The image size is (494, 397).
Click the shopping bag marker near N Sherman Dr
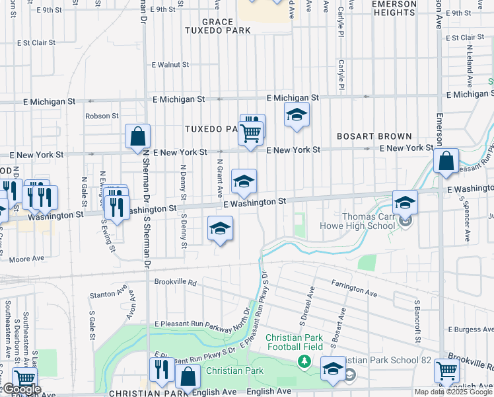[137, 136]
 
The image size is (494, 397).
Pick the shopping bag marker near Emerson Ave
[446, 161]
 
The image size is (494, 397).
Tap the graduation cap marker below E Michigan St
[297, 115]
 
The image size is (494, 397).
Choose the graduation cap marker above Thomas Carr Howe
[405, 202]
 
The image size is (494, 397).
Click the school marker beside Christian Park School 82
[332, 369]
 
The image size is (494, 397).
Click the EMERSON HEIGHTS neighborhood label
[394, 8]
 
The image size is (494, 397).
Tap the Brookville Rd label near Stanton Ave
[176, 282]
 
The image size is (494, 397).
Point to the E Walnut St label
[170, 65]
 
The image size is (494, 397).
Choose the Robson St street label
[101, 116]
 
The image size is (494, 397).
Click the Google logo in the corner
[22, 390]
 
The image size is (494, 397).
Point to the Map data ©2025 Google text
[453, 392]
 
